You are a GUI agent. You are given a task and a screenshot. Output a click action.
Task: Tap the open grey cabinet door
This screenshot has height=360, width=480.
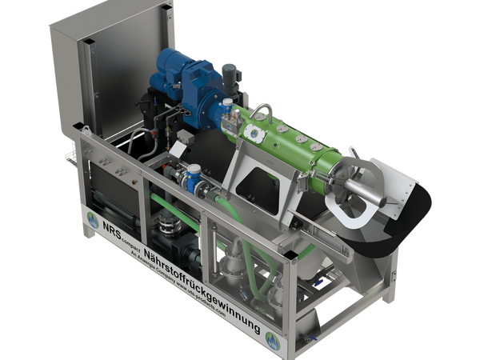point(112,68)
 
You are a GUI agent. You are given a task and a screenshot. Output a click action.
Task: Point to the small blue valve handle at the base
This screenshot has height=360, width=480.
point(320,280)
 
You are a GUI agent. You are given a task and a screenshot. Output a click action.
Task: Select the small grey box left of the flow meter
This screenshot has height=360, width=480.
point(182,138)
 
